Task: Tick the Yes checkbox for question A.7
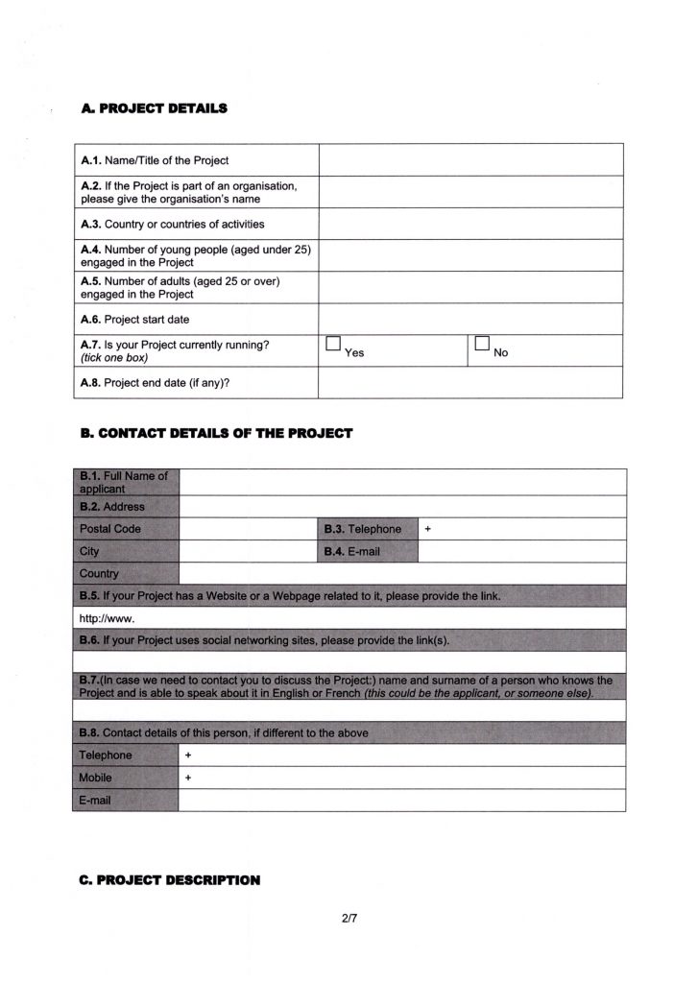click(334, 345)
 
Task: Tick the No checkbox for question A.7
click(483, 345)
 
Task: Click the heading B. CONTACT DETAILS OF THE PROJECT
click(217, 434)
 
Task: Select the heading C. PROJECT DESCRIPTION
click(170, 877)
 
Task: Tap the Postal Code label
click(109, 529)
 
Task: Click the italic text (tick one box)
click(114, 358)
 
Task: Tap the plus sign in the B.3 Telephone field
click(428, 529)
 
